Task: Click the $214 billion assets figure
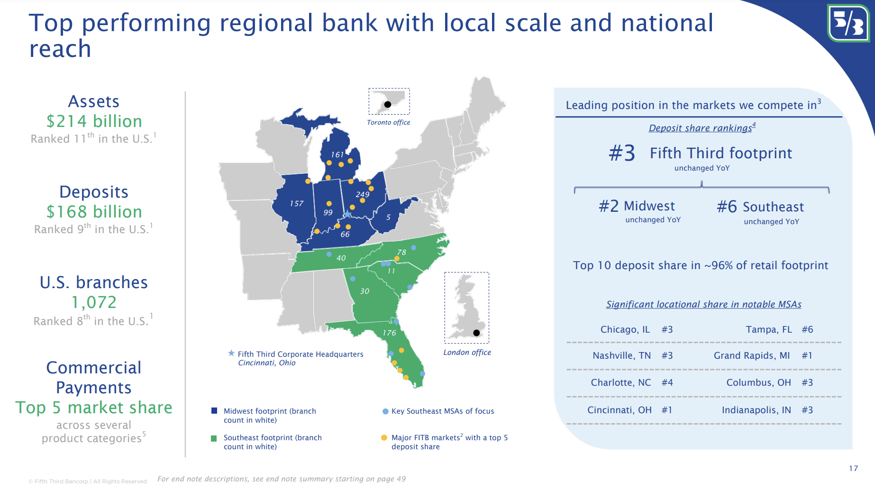click(94, 121)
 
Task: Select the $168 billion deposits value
click(94, 212)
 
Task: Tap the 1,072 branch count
click(94, 302)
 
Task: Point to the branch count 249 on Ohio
click(362, 194)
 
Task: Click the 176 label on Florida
click(389, 333)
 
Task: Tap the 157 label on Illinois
click(296, 203)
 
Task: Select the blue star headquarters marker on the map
click(347, 214)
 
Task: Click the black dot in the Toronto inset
click(387, 104)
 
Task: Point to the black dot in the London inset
click(476, 333)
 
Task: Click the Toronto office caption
click(388, 122)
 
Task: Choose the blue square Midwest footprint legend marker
click(214, 411)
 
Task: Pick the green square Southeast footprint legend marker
click(214, 438)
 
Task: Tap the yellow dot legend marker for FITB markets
click(384, 438)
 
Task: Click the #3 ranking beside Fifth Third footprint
click(622, 153)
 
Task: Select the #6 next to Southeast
click(727, 207)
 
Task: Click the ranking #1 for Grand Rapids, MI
click(807, 355)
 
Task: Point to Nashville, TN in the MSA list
click(621, 355)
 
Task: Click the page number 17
click(853, 468)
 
